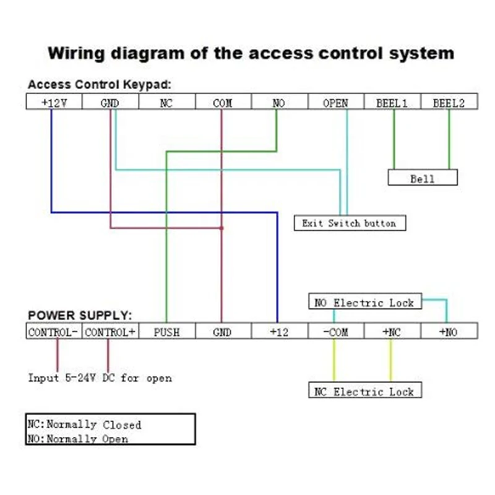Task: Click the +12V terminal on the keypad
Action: pyautogui.click(x=54, y=103)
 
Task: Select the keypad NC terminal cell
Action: pyautogui.click(x=166, y=103)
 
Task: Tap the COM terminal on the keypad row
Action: pyautogui.click(x=222, y=103)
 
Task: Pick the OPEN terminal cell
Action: pyautogui.click(x=335, y=103)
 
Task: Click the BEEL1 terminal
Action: pyautogui.click(x=392, y=103)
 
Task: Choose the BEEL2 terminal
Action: pyautogui.click(x=449, y=103)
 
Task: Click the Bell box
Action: pyautogui.click(x=422, y=179)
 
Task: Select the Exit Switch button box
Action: pyautogui.click(x=349, y=223)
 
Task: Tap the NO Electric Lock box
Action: pyautogui.click(x=365, y=303)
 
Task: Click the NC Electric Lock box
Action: pyautogui.click(x=364, y=391)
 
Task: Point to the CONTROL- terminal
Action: pyautogui.click(x=53, y=332)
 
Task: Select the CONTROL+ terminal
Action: pyautogui.click(x=110, y=332)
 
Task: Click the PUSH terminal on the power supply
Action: pyautogui.click(x=166, y=332)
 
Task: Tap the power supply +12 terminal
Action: pyautogui.click(x=279, y=332)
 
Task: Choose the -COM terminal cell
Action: pyautogui.click(x=335, y=332)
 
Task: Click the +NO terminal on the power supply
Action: pyautogui.click(x=449, y=332)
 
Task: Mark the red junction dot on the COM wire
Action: pyautogui.click(x=222, y=228)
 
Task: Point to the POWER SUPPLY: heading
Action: pyautogui.click(x=80, y=316)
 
